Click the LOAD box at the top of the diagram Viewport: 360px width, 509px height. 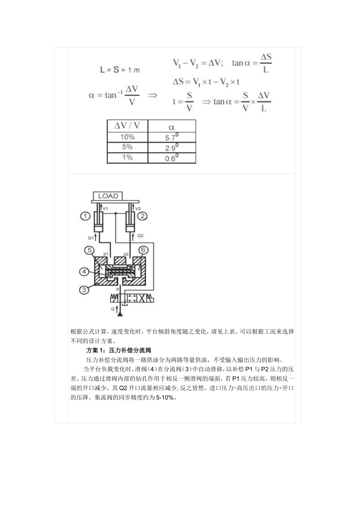pos(108,196)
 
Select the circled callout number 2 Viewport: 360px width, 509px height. pos(142,216)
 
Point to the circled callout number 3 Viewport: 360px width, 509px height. pos(84,289)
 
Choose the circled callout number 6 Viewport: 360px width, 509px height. pos(143,250)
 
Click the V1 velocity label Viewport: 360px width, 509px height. pos(105,208)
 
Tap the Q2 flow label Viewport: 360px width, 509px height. pos(140,236)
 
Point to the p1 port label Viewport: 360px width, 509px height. pos(106,253)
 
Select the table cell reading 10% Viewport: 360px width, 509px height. pos(127,137)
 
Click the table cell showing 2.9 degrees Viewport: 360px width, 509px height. pos(172,147)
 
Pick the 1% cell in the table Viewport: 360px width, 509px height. pos(127,157)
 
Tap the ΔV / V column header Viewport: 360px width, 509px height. pos(127,126)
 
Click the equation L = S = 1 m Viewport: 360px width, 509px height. pos(120,70)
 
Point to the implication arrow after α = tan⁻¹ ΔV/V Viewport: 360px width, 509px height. pos(152,95)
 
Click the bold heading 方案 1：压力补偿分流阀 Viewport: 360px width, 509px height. pos(119,350)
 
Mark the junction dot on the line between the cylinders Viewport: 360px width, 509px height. pos(115,214)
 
